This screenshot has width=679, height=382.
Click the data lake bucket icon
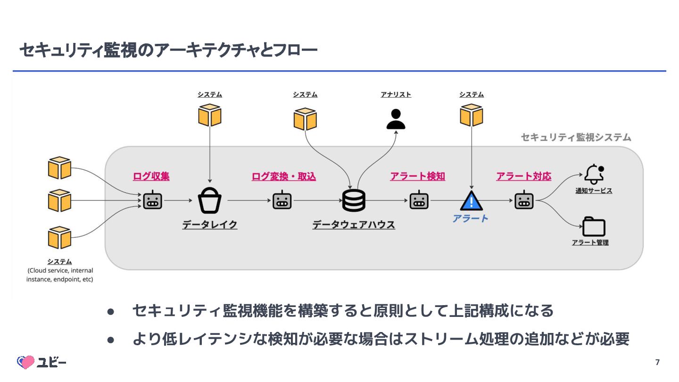(210, 201)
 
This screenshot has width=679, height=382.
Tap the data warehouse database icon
(354, 201)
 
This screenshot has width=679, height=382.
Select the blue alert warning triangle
(472, 201)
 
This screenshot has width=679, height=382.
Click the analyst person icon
(396, 119)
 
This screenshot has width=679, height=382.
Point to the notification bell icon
(594, 174)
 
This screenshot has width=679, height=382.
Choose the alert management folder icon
(594, 226)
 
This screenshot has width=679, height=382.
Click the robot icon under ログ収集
(152, 201)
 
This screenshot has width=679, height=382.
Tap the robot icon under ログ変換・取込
(282, 201)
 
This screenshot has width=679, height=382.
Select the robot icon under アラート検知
(419, 201)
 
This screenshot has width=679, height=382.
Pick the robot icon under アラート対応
(524, 201)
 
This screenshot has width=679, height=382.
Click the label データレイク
(210, 224)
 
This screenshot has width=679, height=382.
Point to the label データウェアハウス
(354, 224)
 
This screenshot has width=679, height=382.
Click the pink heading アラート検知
(417, 176)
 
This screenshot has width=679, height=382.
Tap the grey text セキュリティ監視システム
(576, 137)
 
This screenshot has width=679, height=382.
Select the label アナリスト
(396, 94)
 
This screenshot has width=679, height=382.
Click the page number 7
(657, 362)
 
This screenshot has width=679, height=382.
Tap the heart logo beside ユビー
(26, 362)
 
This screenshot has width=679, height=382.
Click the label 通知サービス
(594, 191)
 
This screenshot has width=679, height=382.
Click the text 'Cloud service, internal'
(60, 271)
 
